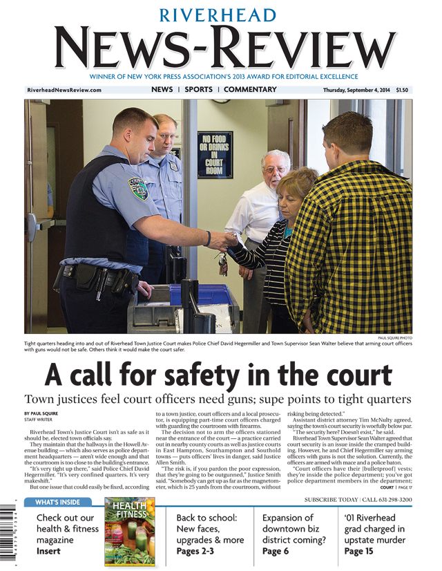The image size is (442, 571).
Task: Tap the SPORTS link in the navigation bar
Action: tap(198, 90)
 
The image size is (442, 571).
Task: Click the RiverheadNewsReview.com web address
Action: tap(64, 91)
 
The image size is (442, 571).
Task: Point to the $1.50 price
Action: tap(402, 91)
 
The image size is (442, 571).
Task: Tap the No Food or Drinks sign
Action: tap(215, 154)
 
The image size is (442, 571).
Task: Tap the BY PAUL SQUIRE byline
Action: tap(41, 413)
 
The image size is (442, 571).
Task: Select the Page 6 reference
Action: tap(276, 551)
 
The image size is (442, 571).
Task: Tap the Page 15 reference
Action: tap(358, 551)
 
